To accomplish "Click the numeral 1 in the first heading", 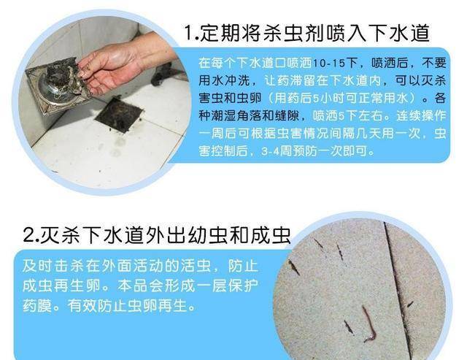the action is tap(188, 33).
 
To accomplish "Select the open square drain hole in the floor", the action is tap(119, 115).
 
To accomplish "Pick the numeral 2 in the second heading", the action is tap(28, 235).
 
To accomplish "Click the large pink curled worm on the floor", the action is tap(369, 325).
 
